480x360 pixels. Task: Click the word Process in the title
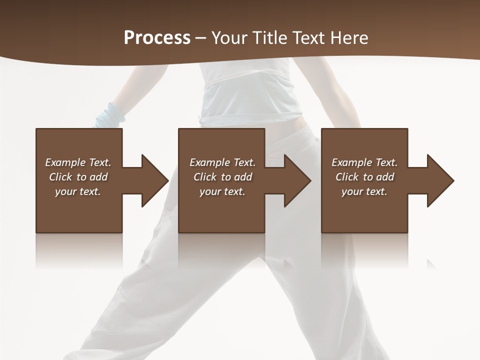157,38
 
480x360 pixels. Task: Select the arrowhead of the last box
439,180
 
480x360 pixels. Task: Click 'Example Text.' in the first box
78,162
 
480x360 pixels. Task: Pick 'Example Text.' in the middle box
222,162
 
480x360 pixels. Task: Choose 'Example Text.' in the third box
364,162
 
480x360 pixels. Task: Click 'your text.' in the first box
78,191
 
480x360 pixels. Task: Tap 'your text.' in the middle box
222,191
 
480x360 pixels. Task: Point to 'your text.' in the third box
364,191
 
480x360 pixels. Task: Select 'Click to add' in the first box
78,177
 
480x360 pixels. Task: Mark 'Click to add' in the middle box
222,177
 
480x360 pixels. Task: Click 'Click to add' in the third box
364,177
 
